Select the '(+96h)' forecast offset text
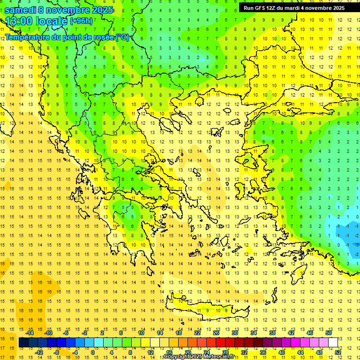(x=81, y=21)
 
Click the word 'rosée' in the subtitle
(x=102, y=37)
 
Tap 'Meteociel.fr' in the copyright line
(x=219, y=357)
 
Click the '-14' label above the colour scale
(x=30, y=333)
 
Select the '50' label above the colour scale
(x=328, y=333)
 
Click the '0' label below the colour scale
(x=92, y=352)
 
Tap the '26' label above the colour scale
(x=216, y=333)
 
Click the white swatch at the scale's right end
(x=333, y=343)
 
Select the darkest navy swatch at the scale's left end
(x=23, y=343)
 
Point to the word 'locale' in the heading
(x=51, y=21)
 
